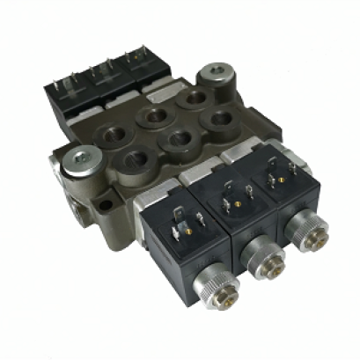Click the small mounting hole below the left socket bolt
(x=105, y=204)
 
